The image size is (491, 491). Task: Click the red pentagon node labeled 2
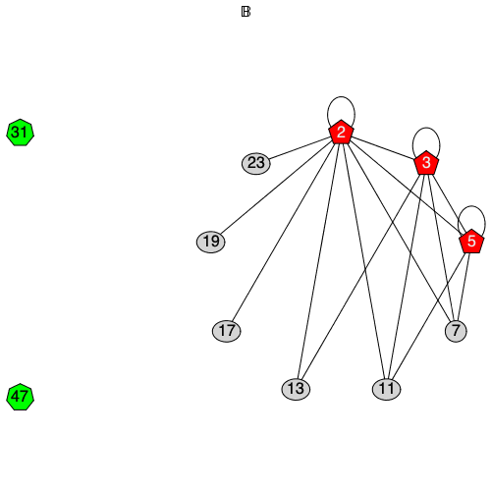pyautogui.click(x=341, y=133)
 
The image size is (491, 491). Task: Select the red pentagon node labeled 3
pyautogui.click(x=426, y=163)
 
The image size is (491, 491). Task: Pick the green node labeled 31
pyautogui.click(x=20, y=133)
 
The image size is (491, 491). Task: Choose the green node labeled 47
pyautogui.click(x=20, y=398)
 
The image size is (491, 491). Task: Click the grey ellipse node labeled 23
pyautogui.click(x=256, y=163)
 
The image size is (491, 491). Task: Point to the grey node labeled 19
pyautogui.click(x=210, y=242)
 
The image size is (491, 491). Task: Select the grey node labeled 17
pyautogui.click(x=227, y=331)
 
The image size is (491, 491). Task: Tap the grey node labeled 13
pyautogui.click(x=296, y=390)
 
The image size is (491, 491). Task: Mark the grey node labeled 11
pyautogui.click(x=387, y=390)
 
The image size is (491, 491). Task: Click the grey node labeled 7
pyautogui.click(x=455, y=331)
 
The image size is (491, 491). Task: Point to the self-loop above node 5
pyautogui.click(x=472, y=207)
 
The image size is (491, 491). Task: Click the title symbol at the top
pyautogui.click(x=245, y=12)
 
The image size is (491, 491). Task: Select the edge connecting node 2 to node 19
pyautogui.click(x=275, y=188)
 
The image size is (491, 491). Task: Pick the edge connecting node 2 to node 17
pyautogui.click(x=284, y=232)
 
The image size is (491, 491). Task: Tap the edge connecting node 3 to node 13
pyautogui.click(x=360, y=277)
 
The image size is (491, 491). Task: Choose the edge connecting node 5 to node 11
pyautogui.click(x=429, y=315)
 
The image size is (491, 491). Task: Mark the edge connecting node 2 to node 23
pyautogui.click(x=300, y=147)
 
